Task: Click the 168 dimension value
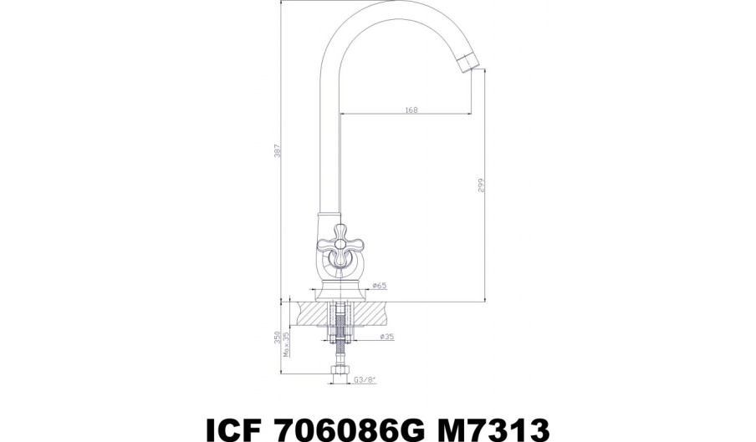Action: point(411,109)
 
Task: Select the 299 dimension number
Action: point(480,185)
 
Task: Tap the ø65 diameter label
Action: point(380,286)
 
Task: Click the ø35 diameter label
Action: point(387,337)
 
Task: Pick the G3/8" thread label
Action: point(365,379)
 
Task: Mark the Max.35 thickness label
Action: point(286,344)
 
